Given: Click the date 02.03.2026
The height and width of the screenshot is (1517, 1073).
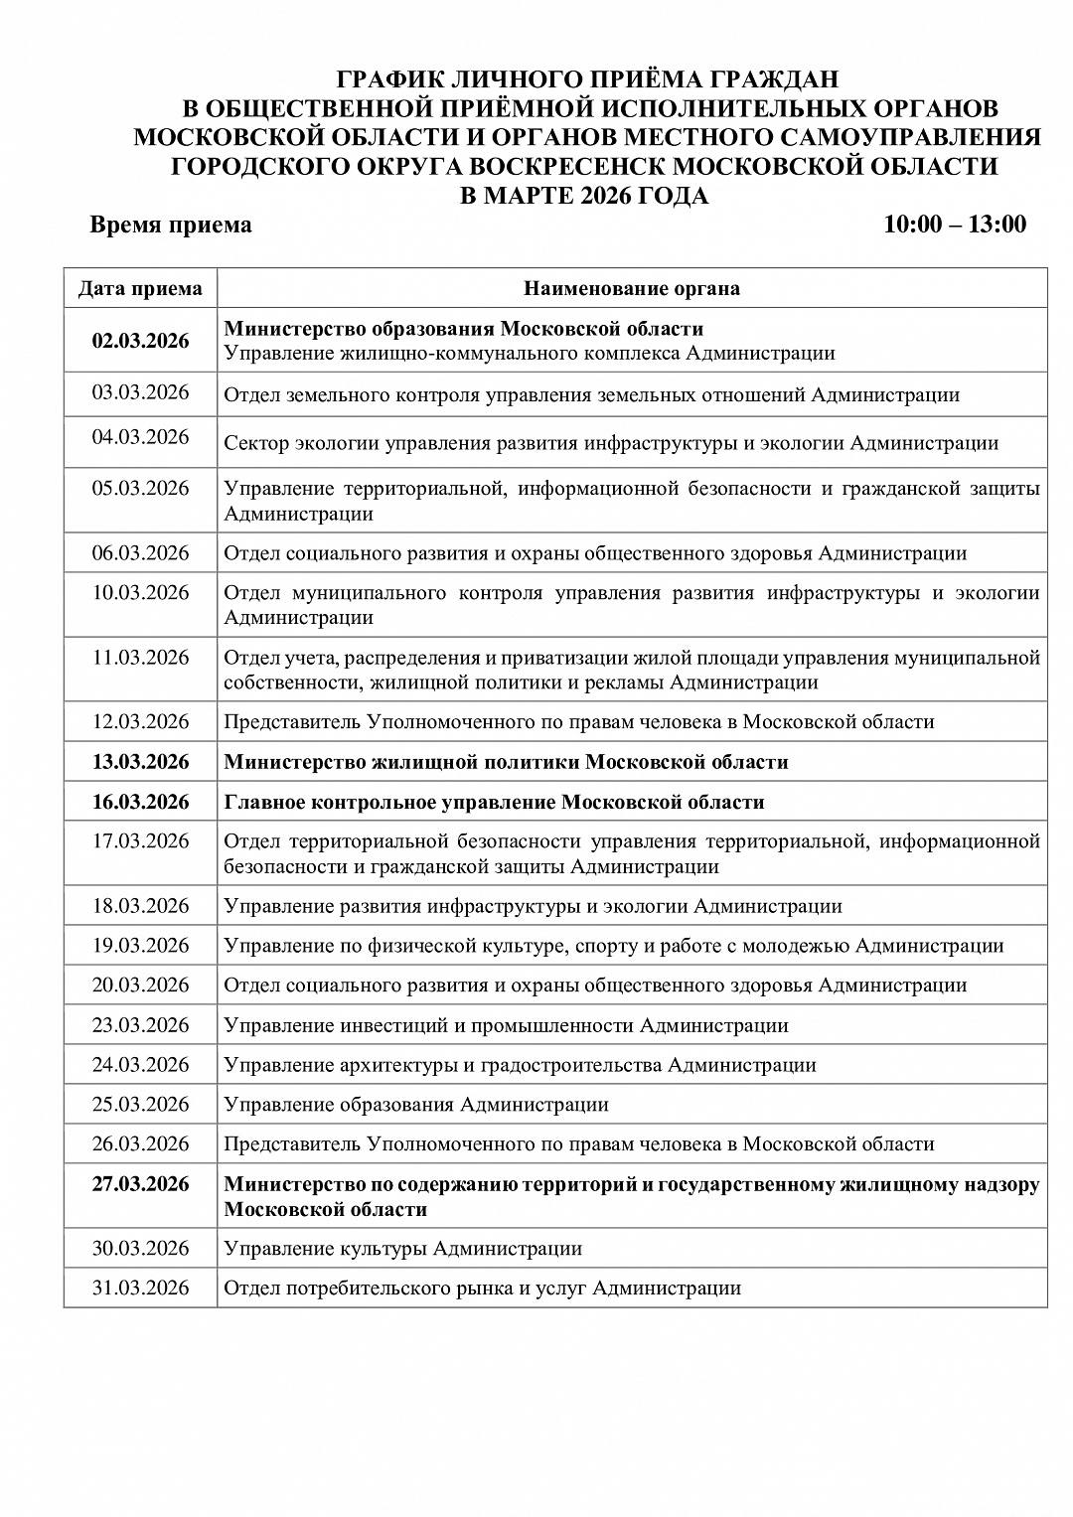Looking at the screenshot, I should click(x=140, y=341).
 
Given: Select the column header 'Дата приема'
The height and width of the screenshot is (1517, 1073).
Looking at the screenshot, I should click(x=140, y=289).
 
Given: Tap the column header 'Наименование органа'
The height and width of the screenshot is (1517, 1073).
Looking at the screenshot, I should click(x=632, y=289).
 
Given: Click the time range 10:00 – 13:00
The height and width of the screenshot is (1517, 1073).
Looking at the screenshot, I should click(x=955, y=225).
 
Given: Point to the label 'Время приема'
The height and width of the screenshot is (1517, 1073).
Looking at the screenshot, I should click(x=171, y=225).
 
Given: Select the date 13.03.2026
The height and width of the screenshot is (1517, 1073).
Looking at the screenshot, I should click(x=140, y=762).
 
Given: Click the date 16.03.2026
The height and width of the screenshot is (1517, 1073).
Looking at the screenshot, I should click(x=140, y=802).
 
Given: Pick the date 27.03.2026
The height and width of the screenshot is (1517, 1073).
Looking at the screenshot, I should click(x=140, y=1184).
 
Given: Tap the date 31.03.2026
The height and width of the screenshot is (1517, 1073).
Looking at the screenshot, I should click(x=140, y=1288).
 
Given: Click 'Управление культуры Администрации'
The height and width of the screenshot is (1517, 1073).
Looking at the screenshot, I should click(x=402, y=1249).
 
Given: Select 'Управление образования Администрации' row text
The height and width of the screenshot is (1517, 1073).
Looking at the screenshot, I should click(x=416, y=1105).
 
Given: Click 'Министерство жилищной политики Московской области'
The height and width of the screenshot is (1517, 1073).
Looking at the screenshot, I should click(x=506, y=762).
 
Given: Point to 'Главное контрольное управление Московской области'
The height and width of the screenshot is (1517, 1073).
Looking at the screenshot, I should click(x=494, y=802).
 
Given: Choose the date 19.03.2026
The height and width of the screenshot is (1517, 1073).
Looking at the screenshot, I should click(x=140, y=945).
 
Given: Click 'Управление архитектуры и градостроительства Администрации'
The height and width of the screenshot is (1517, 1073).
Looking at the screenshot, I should click(x=520, y=1065).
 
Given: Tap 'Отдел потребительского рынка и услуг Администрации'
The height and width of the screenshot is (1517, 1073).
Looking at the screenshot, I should click(x=482, y=1289).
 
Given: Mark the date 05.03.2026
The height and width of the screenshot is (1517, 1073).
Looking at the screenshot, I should click(x=140, y=488).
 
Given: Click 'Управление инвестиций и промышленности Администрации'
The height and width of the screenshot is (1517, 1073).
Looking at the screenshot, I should click(x=506, y=1025).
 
